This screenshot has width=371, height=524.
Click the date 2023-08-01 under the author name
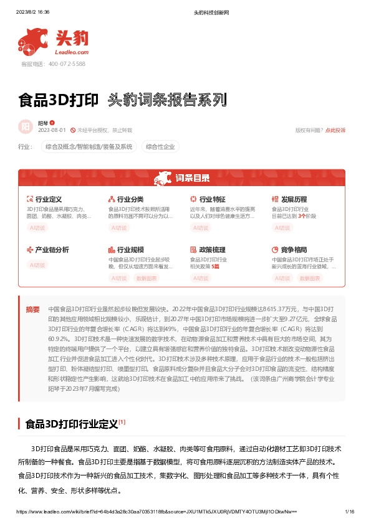52,130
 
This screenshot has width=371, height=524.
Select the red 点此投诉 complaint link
335,130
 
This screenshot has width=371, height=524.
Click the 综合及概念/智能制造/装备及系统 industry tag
88,147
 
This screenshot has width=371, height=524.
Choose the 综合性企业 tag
160,147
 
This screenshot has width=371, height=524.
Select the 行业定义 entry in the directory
49,199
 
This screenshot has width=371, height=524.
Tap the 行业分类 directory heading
130,199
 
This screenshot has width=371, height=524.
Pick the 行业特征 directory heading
213,199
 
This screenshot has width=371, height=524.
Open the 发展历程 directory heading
294,199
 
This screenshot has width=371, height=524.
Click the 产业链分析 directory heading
52,250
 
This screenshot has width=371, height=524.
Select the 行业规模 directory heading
130,250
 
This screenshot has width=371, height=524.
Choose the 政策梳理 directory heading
213,250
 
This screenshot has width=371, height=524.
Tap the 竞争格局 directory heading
294,250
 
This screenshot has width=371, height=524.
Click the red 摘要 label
32,309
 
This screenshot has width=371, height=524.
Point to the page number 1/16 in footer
349,512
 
